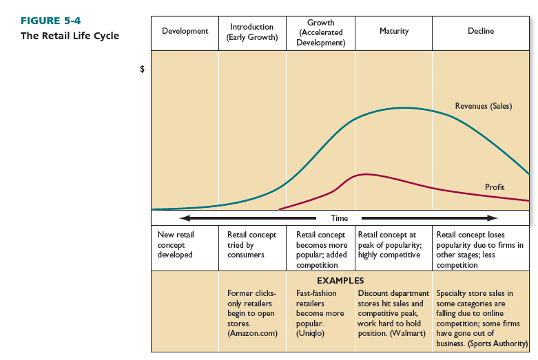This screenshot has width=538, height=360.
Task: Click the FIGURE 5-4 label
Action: [x=50, y=21]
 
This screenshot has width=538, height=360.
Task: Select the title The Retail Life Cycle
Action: [x=70, y=36]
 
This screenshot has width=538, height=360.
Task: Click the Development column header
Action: [x=185, y=32]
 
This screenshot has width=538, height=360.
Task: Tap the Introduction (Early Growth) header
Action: [x=252, y=32]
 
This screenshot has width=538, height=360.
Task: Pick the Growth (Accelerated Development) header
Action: [x=321, y=32]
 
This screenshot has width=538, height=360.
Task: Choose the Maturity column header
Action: [x=394, y=32]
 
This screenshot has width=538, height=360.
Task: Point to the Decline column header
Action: [x=481, y=32]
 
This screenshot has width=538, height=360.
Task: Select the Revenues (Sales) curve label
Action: [x=483, y=106]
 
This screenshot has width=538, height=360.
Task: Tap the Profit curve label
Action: [x=495, y=187]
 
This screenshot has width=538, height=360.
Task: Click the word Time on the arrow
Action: [x=339, y=218]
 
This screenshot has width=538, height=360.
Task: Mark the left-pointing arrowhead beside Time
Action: [x=185, y=218]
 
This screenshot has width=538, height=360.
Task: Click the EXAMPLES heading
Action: [x=340, y=281]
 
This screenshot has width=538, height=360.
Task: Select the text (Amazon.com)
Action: [x=251, y=333]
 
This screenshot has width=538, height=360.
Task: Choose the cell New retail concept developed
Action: [x=176, y=244]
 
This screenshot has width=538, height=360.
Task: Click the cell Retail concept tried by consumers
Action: [x=251, y=244]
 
